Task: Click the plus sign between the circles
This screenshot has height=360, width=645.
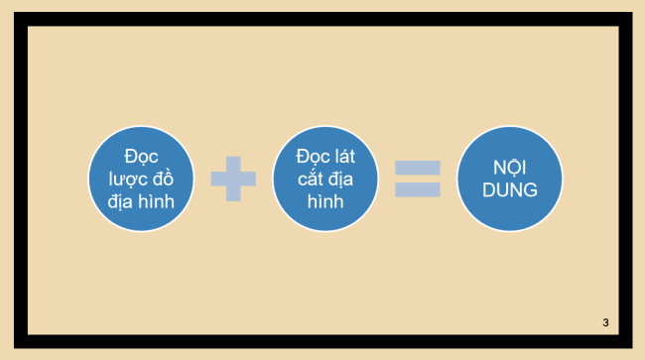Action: click(233, 180)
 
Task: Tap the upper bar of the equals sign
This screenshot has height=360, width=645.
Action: click(417, 167)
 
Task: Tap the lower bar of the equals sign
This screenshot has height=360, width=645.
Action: click(417, 189)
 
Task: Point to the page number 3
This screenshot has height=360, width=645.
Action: click(604, 323)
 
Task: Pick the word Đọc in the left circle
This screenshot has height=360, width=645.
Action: click(142, 156)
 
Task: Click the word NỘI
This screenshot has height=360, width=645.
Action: click(509, 168)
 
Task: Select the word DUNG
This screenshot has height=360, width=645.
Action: click(509, 190)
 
